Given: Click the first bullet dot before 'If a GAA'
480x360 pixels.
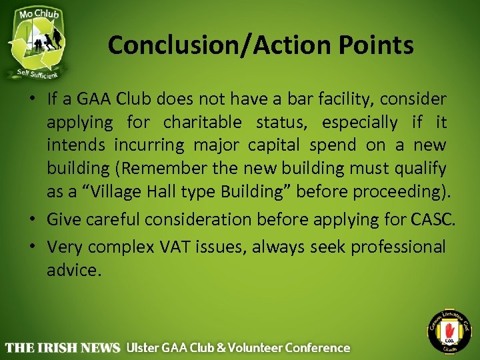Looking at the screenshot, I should click(x=33, y=100).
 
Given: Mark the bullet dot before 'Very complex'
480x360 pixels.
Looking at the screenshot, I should click(x=33, y=247).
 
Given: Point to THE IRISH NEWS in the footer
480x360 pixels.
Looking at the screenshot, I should click(x=63, y=348).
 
